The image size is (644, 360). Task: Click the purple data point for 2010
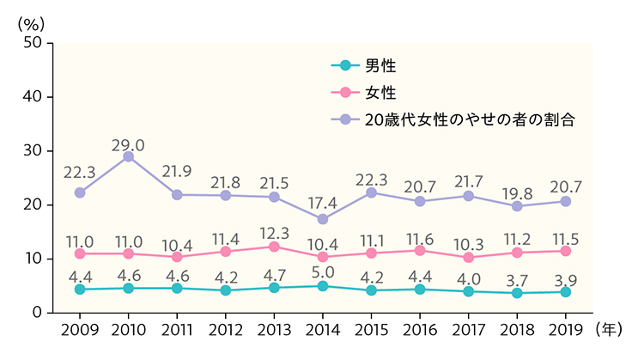coord(128,156)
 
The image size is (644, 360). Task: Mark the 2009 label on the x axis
coord(79,330)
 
